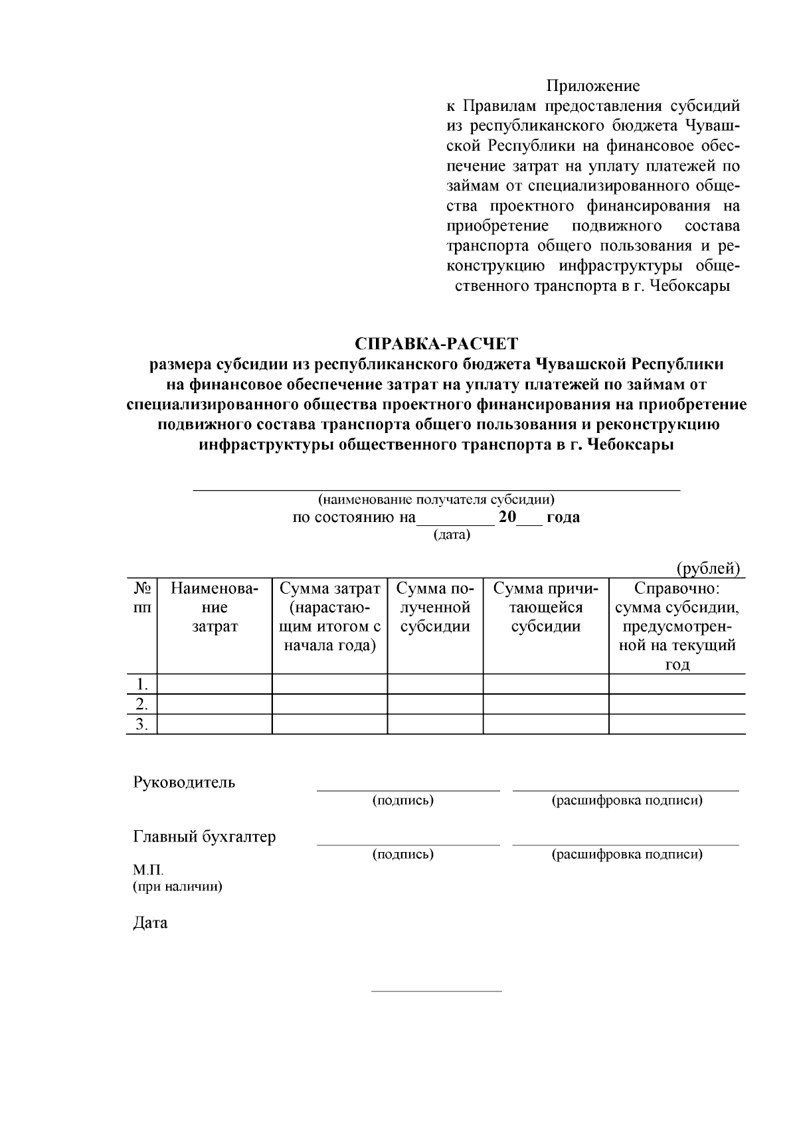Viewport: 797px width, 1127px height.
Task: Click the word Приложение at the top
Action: [x=592, y=86]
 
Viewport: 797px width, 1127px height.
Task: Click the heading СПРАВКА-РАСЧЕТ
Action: [x=436, y=344]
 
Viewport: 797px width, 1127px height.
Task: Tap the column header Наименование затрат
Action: [x=215, y=608]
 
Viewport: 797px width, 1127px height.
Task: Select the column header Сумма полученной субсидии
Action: [x=435, y=608]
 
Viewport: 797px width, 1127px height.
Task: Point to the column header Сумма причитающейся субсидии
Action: [x=546, y=608]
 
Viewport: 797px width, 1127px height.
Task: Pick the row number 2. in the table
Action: [x=141, y=704]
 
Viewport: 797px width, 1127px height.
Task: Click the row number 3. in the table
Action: [x=141, y=724]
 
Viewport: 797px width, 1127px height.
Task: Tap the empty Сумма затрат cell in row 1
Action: [x=329, y=684]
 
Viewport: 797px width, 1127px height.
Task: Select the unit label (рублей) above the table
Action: [x=708, y=569]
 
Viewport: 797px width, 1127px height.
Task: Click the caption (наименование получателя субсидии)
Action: [x=436, y=499]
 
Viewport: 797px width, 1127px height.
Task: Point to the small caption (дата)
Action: [x=452, y=535]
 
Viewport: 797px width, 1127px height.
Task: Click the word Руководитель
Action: [x=184, y=782]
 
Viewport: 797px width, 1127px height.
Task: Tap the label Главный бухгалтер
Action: [x=205, y=837]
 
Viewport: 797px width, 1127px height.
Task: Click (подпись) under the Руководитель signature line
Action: [x=403, y=800]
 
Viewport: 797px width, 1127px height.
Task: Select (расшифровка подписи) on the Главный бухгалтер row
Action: [x=627, y=854]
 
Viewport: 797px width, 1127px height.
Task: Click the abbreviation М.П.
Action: [x=148, y=870]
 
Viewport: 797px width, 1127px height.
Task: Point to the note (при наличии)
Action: [x=177, y=887]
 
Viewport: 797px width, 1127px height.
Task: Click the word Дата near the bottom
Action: [x=150, y=923]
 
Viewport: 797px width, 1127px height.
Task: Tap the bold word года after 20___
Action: [x=563, y=517]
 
